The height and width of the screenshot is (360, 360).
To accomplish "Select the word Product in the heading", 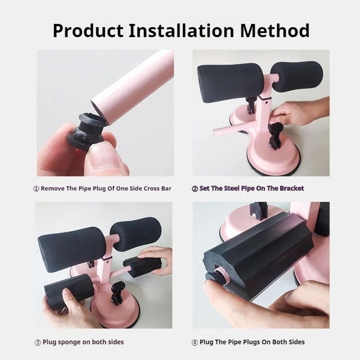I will [87, 31].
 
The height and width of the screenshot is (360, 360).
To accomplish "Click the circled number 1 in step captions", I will [36, 189].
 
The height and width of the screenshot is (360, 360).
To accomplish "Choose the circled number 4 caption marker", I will [194, 342].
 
